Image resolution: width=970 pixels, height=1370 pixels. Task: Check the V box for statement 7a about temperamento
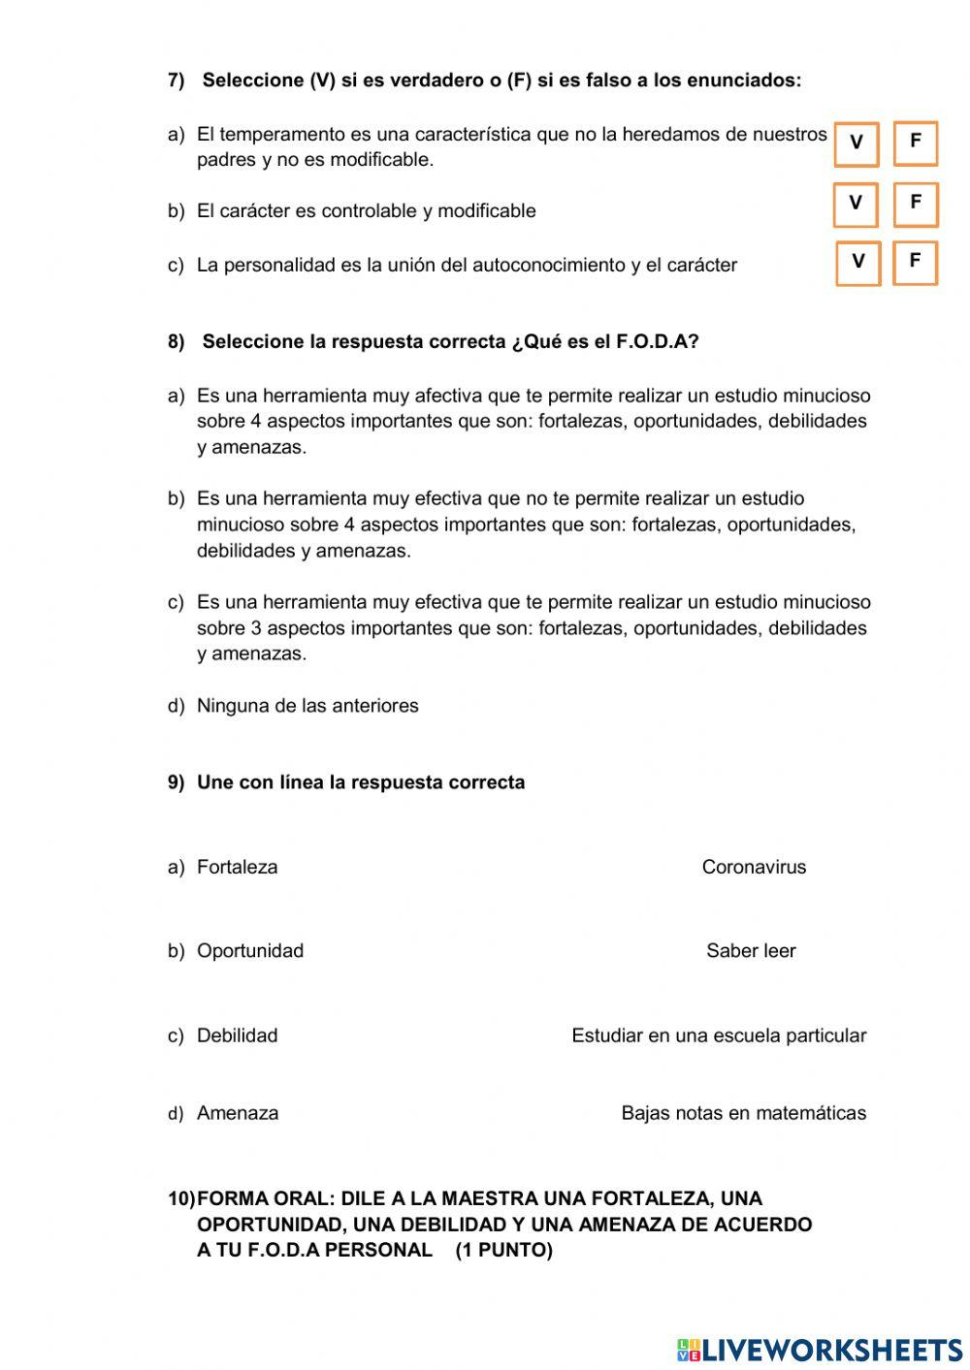(x=857, y=143)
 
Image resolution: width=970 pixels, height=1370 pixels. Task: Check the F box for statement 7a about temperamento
(x=915, y=143)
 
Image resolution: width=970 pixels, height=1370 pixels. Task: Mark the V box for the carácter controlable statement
(x=856, y=205)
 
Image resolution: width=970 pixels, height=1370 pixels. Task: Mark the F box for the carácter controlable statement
(x=915, y=204)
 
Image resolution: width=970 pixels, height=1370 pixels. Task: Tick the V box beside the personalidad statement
(x=857, y=263)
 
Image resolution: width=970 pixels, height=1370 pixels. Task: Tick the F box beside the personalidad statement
(x=915, y=262)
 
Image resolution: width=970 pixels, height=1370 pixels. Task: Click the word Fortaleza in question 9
(x=237, y=867)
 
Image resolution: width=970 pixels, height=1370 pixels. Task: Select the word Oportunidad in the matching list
(x=249, y=950)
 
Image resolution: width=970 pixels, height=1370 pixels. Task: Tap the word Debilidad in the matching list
(x=237, y=1035)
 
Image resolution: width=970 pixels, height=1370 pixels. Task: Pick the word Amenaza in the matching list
(x=237, y=1113)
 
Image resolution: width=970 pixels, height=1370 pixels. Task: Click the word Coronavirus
(x=754, y=867)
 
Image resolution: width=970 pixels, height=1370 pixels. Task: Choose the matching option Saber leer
(x=751, y=950)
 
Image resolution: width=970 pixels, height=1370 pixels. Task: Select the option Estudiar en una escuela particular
(x=719, y=1035)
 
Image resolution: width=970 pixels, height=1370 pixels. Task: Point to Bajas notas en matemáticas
(x=743, y=1113)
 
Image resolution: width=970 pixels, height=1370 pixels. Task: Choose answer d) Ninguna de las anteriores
(x=307, y=705)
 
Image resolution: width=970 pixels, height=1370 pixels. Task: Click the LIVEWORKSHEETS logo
(x=820, y=1349)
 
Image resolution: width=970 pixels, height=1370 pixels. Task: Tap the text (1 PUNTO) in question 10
(x=503, y=1250)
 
